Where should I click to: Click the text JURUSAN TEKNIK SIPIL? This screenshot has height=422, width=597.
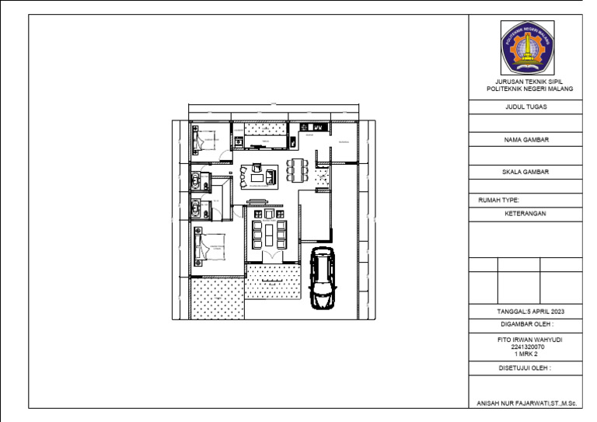click(525, 82)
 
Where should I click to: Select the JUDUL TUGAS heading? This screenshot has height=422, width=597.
click(525, 107)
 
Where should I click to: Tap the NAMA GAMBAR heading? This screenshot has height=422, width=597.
click(525, 140)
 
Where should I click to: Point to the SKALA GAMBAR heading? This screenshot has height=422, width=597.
click(525, 172)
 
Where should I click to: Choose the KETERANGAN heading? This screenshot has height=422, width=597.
click(525, 213)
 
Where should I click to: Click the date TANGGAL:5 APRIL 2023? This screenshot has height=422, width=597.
click(525, 311)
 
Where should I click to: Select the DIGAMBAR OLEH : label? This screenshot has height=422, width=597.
click(525, 325)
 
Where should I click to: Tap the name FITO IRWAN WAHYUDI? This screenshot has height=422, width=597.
click(525, 340)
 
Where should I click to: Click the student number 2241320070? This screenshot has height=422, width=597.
click(525, 347)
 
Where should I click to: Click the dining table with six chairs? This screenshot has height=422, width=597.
click(297, 169)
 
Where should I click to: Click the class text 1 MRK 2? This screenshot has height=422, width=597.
click(525, 354)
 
